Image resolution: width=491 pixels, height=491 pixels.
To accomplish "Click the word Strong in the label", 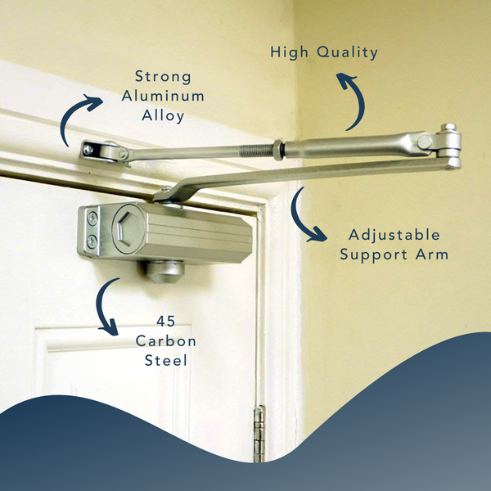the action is [163, 77].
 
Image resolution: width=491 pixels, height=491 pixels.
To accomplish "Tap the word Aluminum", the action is [163, 96].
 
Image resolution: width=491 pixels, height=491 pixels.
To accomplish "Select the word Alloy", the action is [163, 116].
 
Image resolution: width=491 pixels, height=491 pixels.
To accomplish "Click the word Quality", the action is [347, 52].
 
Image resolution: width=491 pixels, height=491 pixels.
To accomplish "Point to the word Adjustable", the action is [394, 235].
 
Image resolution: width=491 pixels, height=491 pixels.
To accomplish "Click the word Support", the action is [374, 255].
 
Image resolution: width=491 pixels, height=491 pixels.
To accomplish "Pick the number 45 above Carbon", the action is [165, 322].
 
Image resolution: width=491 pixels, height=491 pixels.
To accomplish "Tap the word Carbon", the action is [165, 341].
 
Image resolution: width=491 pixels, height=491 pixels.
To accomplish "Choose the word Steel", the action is [165, 360].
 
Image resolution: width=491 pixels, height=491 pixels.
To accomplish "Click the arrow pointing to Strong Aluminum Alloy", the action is [70, 115].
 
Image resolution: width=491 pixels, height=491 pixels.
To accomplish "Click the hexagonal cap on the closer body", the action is [128, 227].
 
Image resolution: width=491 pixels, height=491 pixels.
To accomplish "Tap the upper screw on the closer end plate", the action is [92, 218].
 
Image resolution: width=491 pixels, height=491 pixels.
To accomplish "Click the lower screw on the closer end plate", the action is [92, 241].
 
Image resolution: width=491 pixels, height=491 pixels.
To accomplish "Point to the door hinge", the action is [259, 434].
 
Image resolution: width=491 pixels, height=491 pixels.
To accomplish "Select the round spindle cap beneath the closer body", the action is [164, 272].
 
